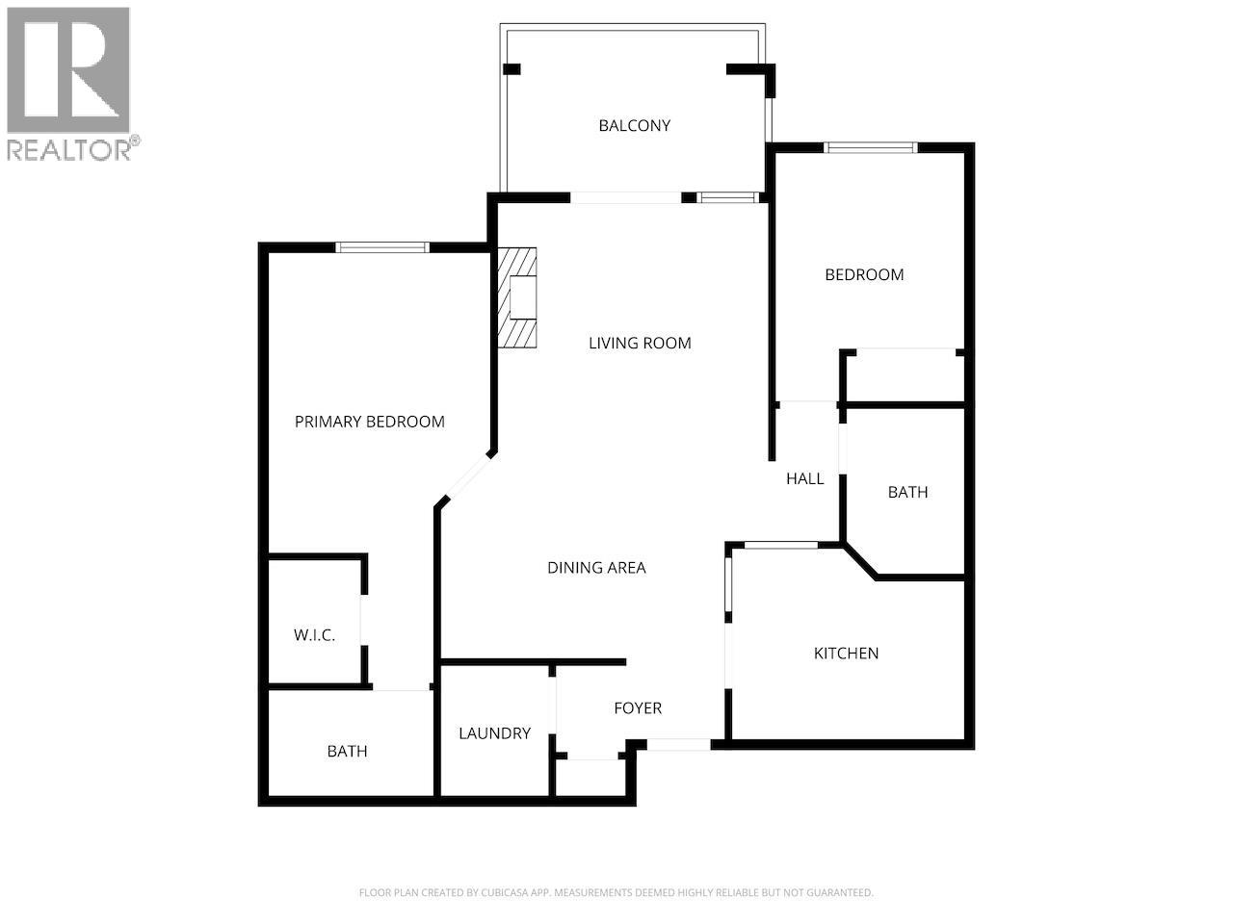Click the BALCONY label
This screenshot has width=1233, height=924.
634,125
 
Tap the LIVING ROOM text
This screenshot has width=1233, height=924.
640,343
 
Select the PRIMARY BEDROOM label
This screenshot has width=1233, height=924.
369,422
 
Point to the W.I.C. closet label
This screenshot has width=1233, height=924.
314,635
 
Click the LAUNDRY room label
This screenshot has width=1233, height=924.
494,733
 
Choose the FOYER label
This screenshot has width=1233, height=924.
638,708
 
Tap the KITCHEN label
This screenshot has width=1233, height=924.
846,654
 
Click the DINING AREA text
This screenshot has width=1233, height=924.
596,568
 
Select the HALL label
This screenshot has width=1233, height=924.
804,478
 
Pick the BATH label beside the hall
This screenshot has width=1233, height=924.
907,492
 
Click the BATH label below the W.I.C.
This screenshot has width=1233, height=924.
347,751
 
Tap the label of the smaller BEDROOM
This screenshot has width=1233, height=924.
864,274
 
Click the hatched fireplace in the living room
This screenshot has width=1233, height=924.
516,298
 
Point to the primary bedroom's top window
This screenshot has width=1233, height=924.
382,247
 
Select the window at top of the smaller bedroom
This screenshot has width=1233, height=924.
871,147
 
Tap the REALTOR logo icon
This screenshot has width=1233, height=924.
68,69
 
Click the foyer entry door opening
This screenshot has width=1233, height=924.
678,744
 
